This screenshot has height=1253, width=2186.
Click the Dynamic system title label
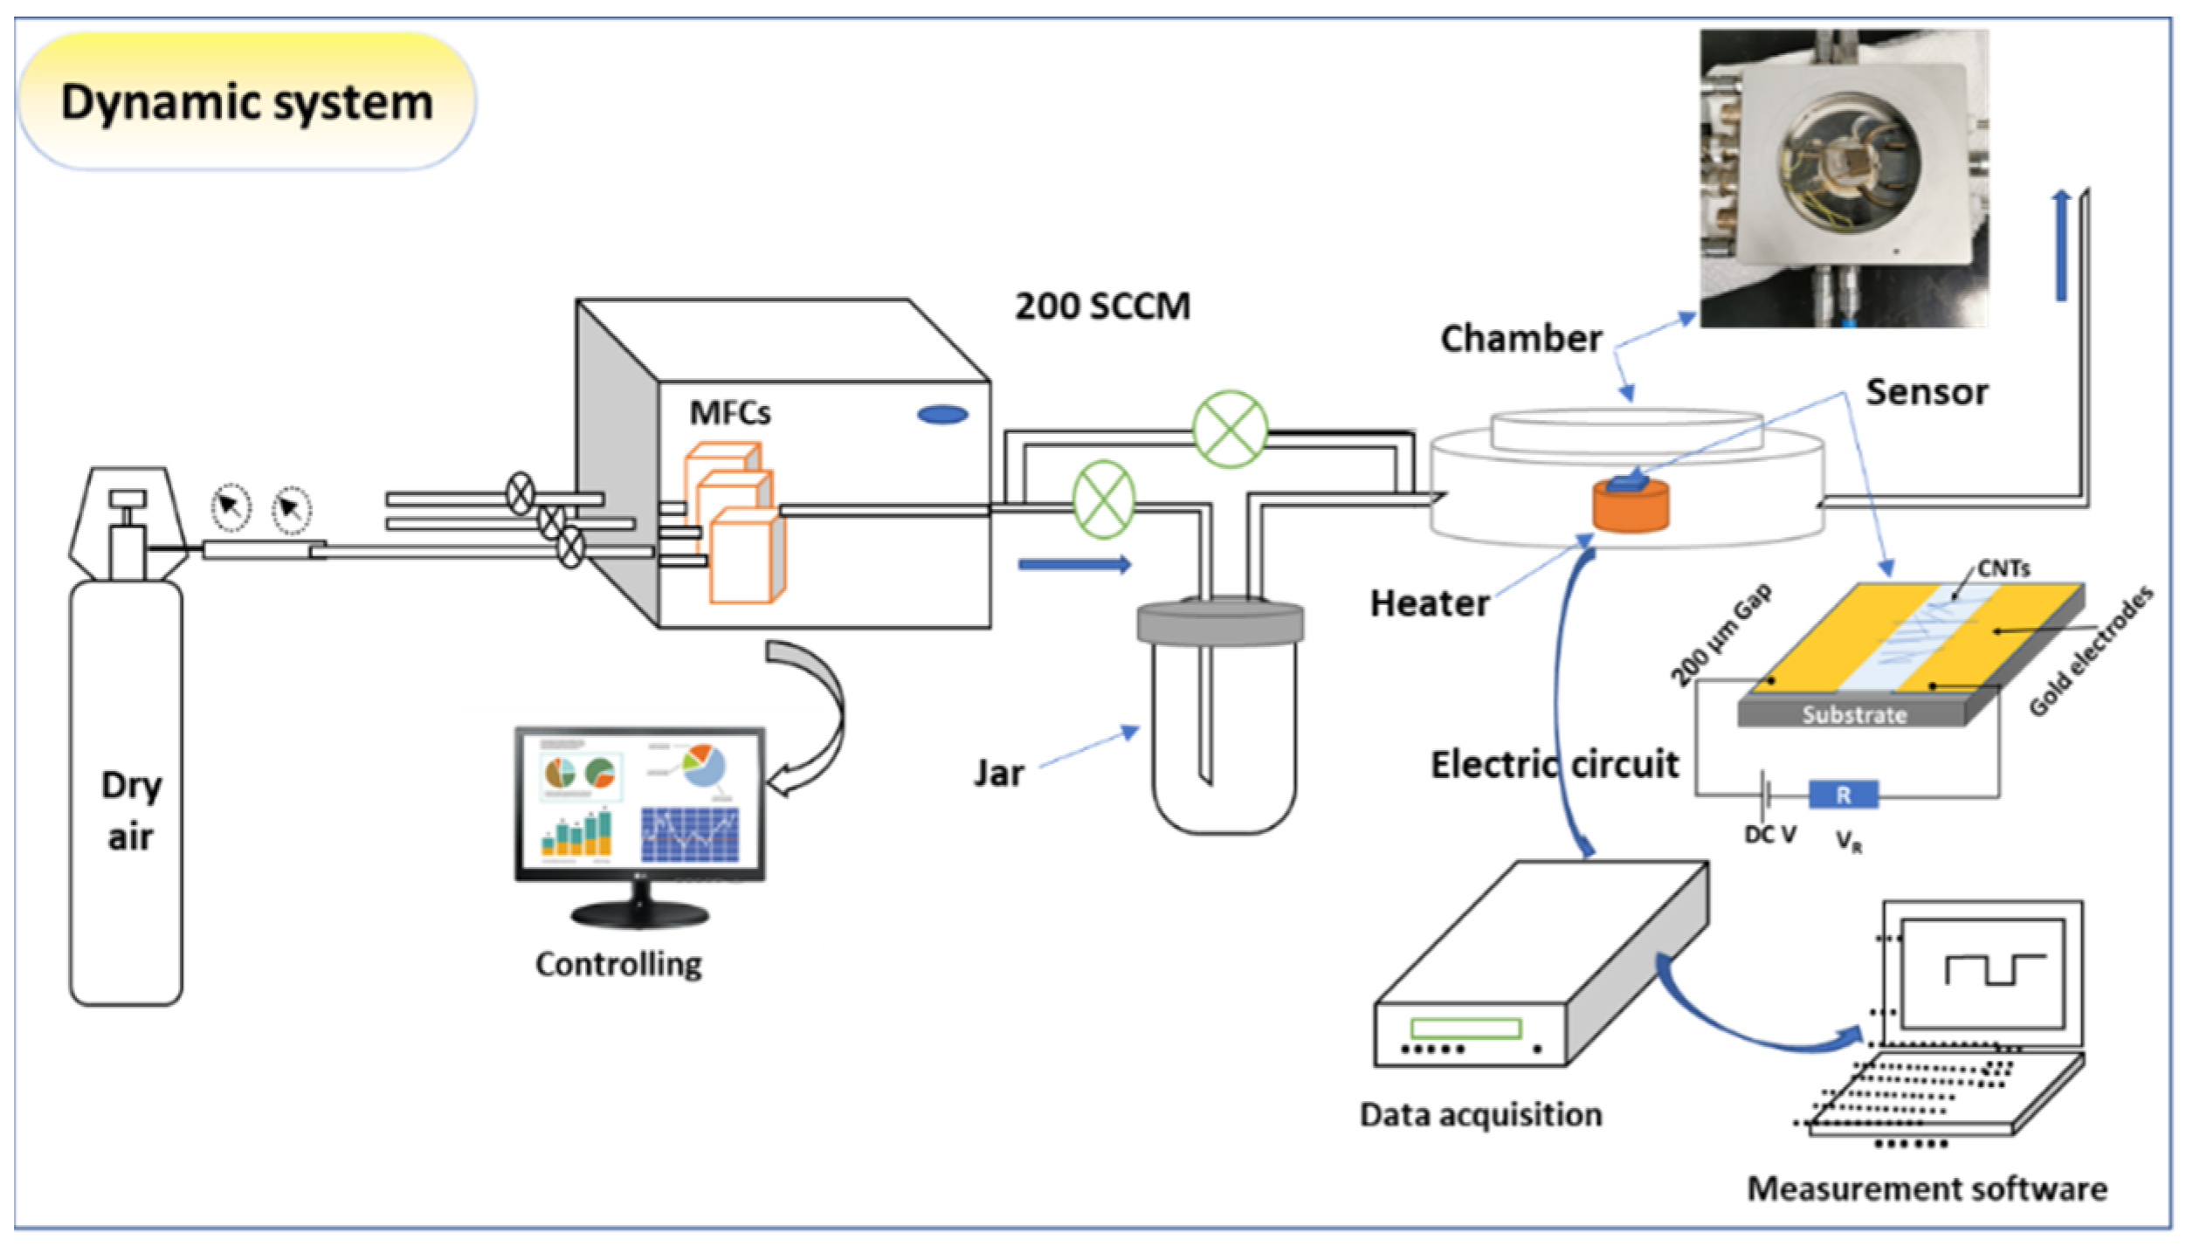(x=247, y=102)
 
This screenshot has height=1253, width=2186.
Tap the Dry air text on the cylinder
(x=131, y=810)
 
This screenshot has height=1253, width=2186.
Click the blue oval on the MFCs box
(x=942, y=415)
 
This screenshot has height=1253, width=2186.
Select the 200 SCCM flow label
(x=1102, y=306)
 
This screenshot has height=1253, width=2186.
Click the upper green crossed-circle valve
(x=1230, y=429)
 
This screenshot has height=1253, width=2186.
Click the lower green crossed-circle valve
(x=1104, y=499)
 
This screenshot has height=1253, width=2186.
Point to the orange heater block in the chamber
(x=1630, y=508)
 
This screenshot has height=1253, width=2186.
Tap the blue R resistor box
(x=1843, y=795)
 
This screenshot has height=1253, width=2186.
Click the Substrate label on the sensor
(x=1854, y=715)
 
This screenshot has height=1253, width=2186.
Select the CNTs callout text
(x=2003, y=569)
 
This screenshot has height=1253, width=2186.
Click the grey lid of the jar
(x=1220, y=622)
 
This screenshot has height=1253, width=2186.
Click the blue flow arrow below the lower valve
(x=1074, y=565)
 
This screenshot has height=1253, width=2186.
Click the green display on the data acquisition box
(x=1465, y=1028)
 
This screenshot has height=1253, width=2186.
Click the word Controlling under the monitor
(x=618, y=964)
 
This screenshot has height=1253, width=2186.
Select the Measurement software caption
(x=1927, y=1189)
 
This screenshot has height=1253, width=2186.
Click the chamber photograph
(x=1843, y=179)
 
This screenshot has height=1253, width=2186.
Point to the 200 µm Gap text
(x=1721, y=635)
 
